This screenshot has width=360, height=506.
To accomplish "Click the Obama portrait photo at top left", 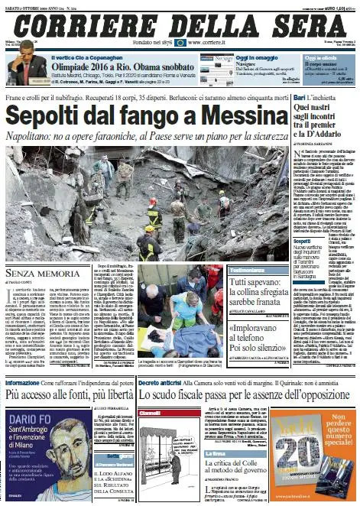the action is (28, 64).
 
